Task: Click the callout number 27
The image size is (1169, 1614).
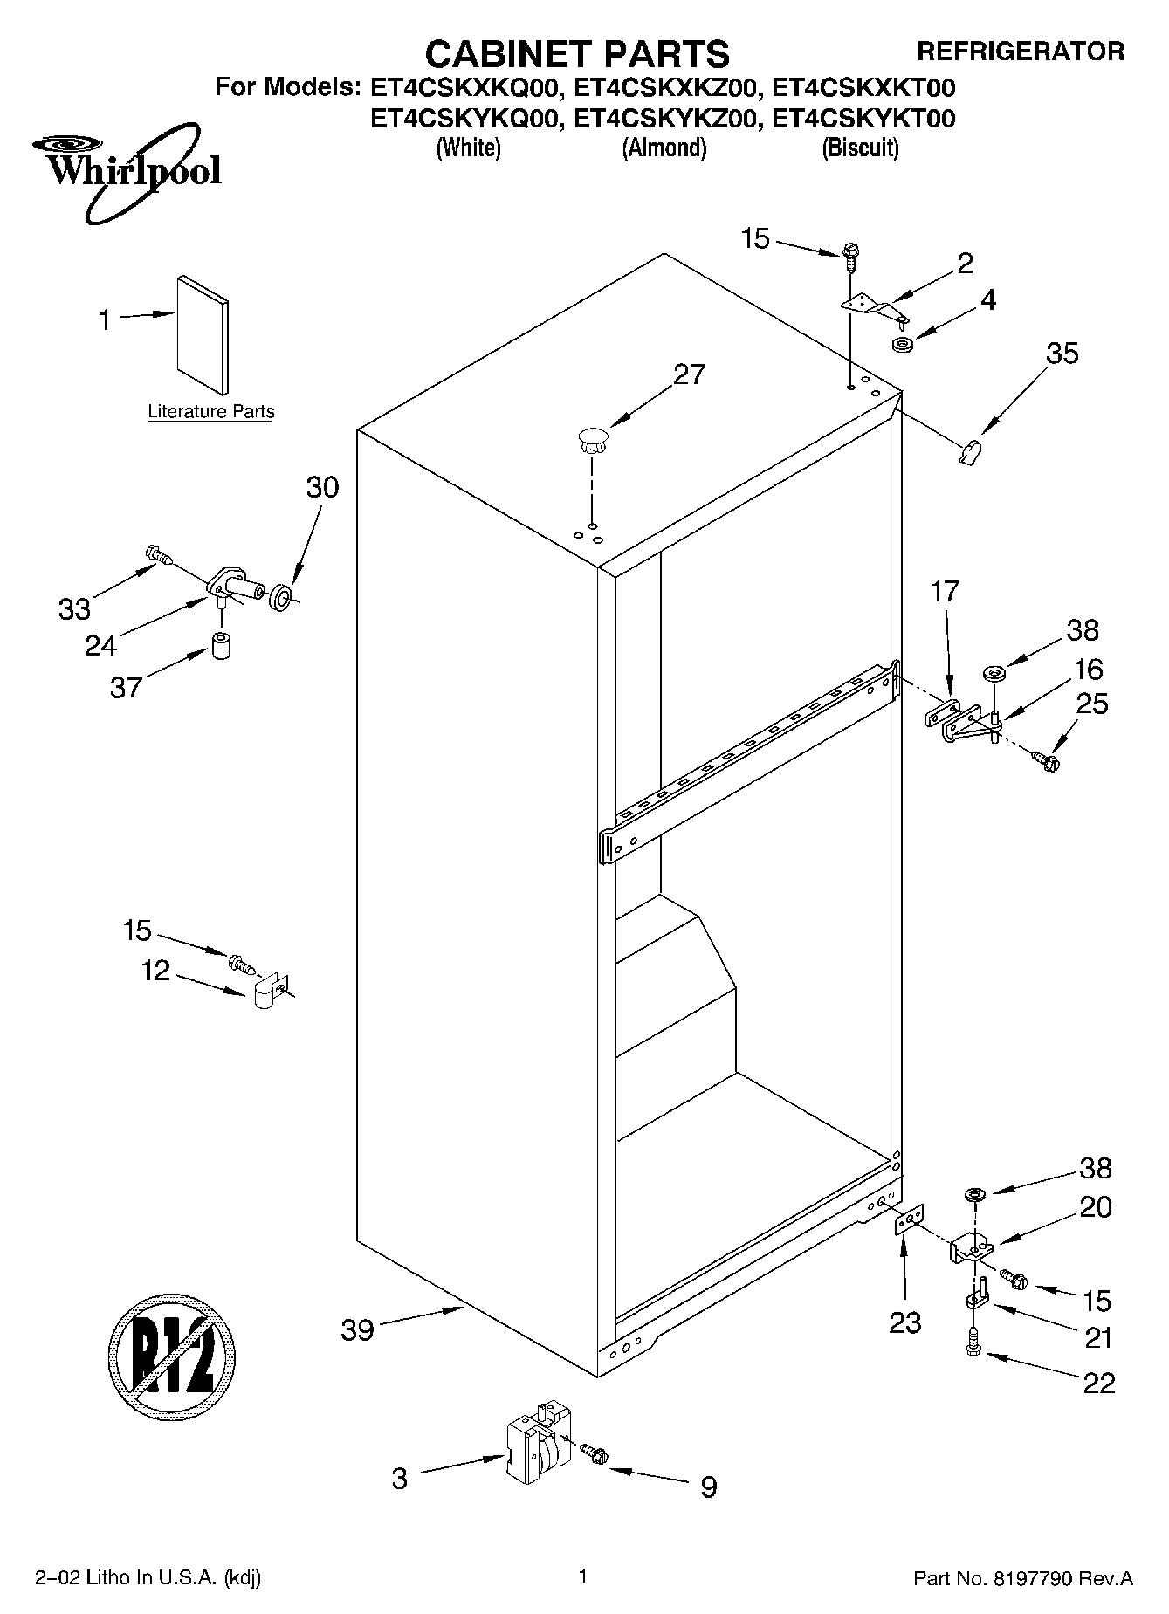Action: [689, 374]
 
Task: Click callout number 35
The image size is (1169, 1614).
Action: [1062, 354]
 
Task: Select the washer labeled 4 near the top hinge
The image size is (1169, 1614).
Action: [904, 344]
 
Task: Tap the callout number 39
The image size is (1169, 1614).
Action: [357, 1331]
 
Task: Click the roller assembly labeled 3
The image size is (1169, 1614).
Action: [533, 1453]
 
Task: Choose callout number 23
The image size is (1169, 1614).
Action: [904, 1323]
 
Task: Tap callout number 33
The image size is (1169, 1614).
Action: [74, 608]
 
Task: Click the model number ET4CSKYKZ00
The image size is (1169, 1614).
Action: [663, 118]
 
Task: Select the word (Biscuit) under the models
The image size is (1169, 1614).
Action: [860, 148]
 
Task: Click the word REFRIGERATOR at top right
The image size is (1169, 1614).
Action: [1020, 52]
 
